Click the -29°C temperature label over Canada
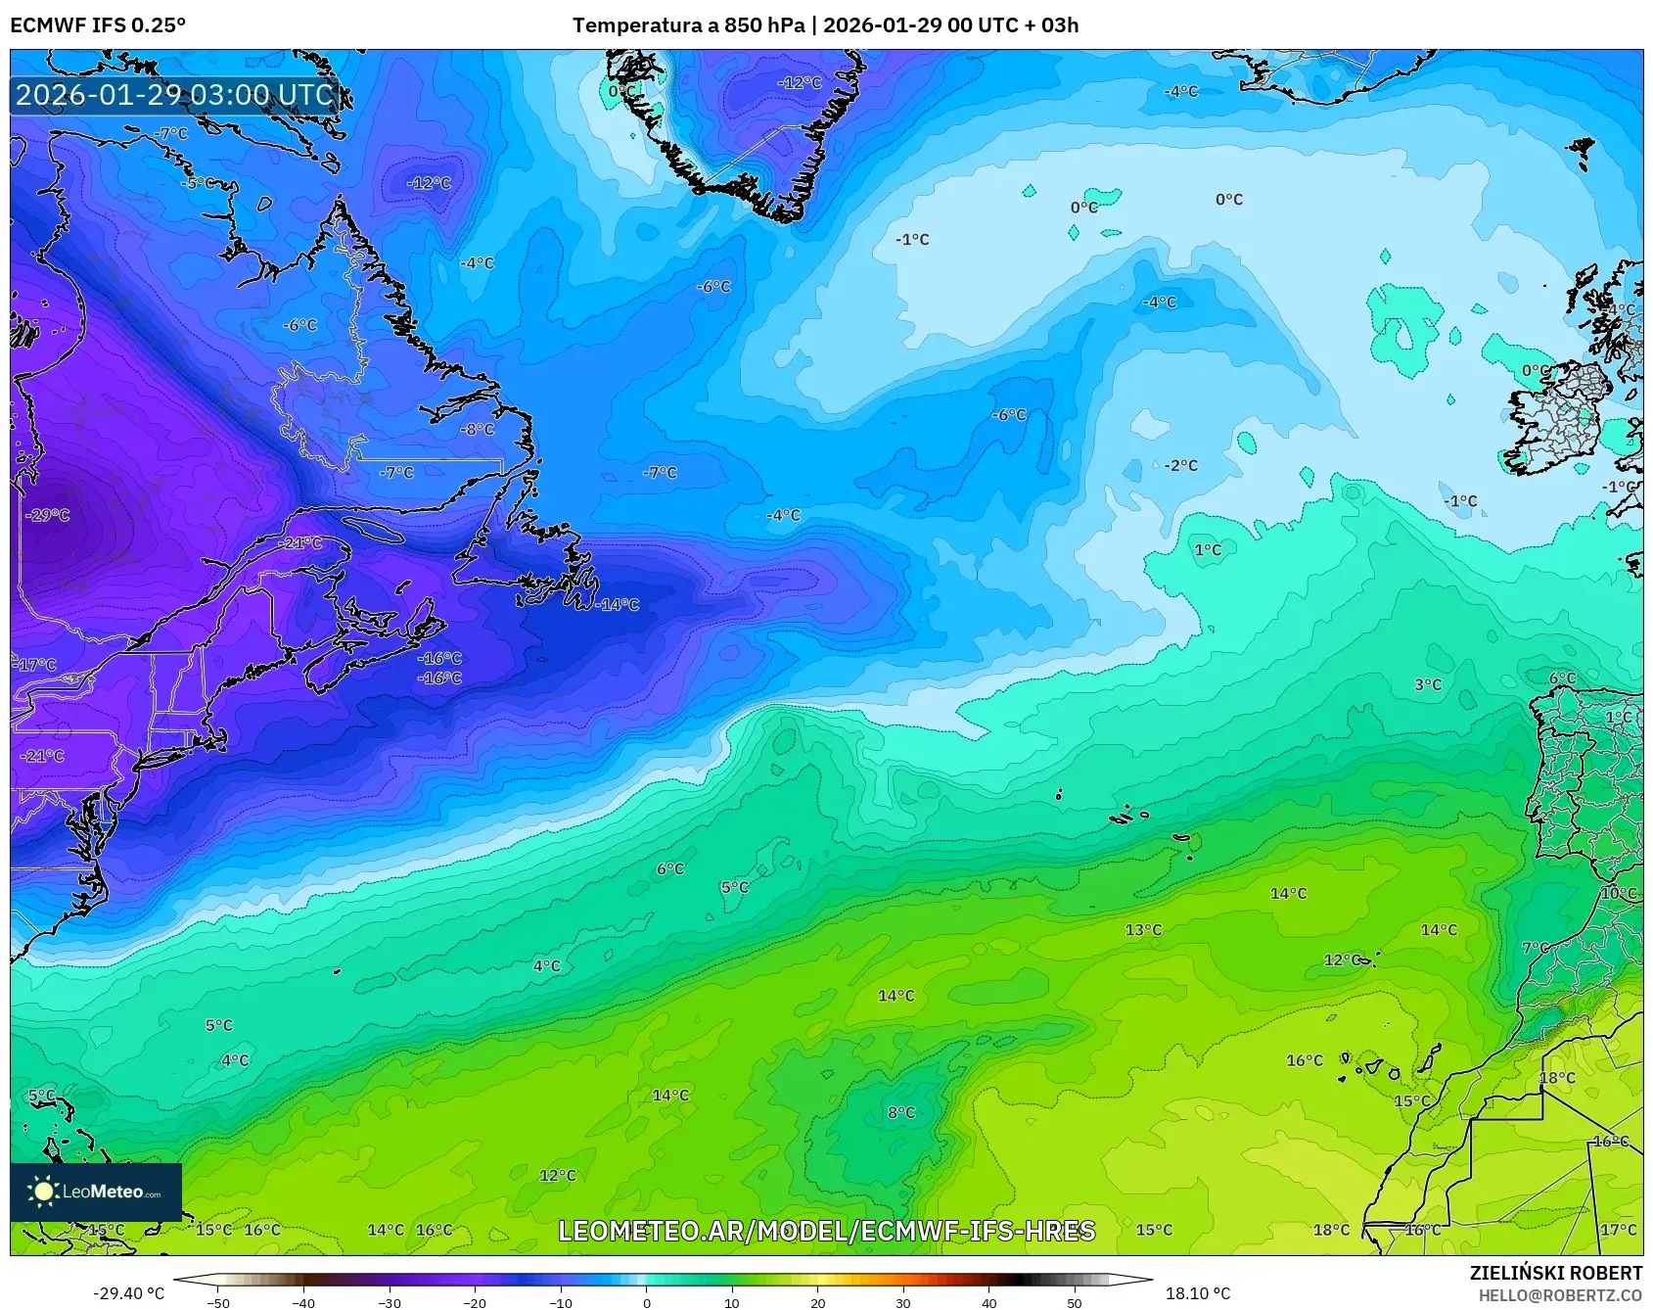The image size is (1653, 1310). coord(48,515)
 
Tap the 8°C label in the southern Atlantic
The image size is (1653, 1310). coord(901,1112)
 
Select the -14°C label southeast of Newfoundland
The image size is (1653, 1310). coord(618,605)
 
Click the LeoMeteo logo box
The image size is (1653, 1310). coord(96,1192)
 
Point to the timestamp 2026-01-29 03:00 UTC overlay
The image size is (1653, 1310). coord(175,95)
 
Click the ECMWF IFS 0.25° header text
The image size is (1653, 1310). coord(98,25)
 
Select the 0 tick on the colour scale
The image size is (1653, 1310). coord(646,1302)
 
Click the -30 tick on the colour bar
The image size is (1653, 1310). coord(390,1302)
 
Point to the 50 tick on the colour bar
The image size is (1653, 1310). coord(1075,1302)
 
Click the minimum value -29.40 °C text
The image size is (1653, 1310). coord(128,1293)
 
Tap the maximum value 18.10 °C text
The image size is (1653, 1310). coord(1198,1293)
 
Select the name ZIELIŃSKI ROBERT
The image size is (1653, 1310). coord(1556,1273)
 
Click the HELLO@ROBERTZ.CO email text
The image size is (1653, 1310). coord(1560,1295)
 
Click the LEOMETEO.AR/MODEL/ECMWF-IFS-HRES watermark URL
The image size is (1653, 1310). coord(826,1231)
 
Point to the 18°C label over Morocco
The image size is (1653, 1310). coord(1557,1078)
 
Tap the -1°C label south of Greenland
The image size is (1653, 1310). coord(912,240)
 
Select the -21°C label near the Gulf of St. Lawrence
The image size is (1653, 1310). coord(300,543)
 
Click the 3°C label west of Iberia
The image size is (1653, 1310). coord(1428,684)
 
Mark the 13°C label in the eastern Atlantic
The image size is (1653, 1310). coord(1143,929)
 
